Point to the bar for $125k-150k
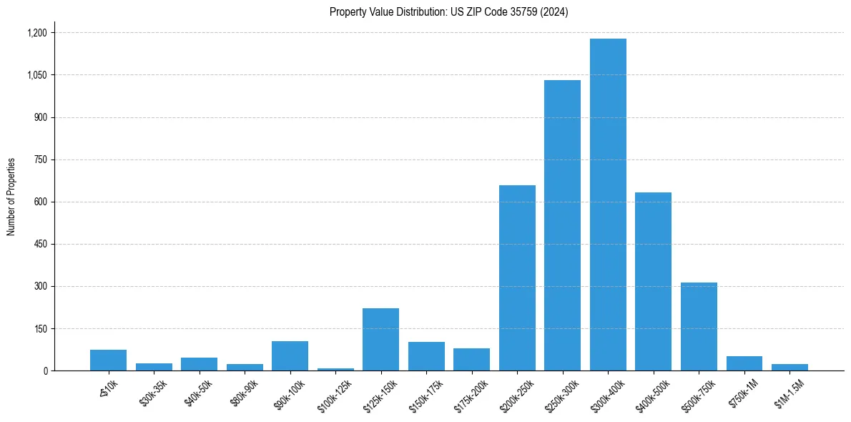380,339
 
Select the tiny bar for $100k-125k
335,369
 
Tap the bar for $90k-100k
290,355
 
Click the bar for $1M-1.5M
789,367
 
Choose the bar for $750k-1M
744,363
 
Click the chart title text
448,12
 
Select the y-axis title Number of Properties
11,197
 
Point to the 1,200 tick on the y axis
36,33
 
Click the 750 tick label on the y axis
40,160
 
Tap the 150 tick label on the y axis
40,329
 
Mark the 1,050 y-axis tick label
36,75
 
